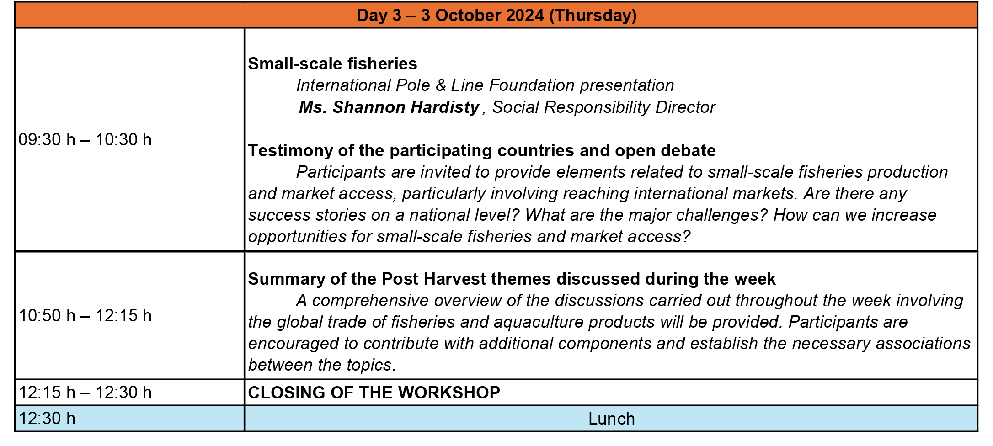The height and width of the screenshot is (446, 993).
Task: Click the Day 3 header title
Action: [x=496, y=15]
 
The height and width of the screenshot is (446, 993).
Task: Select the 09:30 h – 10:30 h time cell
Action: [x=85, y=140]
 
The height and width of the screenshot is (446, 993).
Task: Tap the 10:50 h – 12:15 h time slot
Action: [x=85, y=316]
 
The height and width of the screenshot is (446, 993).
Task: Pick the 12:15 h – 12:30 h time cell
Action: [x=85, y=393]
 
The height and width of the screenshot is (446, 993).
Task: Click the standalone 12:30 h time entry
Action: [x=47, y=419]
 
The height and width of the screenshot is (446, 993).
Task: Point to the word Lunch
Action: [x=612, y=419]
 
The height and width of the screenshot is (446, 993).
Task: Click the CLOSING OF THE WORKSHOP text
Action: [x=374, y=393]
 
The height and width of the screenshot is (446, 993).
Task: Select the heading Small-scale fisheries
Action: [x=332, y=64]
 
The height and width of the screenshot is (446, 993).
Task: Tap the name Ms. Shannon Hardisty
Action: [x=389, y=107]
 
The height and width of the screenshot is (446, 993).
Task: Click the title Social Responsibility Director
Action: [x=604, y=107]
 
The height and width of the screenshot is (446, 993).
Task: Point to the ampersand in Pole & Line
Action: [x=441, y=85]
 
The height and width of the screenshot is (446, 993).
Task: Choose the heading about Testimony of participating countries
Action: [x=482, y=151]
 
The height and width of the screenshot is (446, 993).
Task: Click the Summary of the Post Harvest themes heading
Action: [x=512, y=279]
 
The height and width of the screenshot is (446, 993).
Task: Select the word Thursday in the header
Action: [x=593, y=15]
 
